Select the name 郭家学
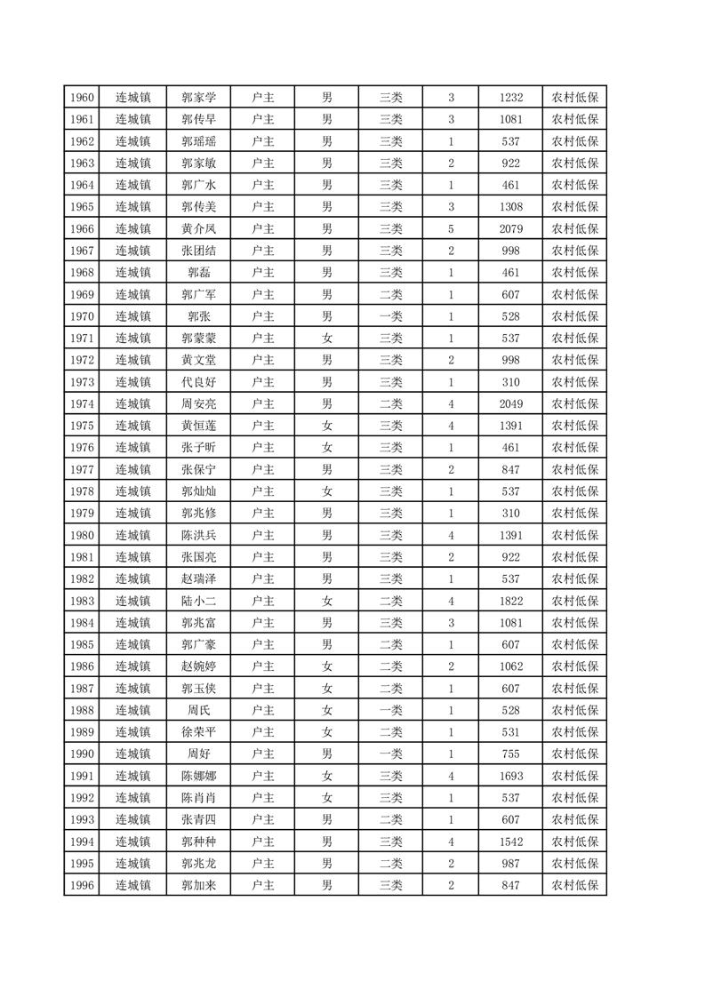pos(199,98)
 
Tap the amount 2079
pos(511,229)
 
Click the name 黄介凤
pos(199,229)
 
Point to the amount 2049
pos(511,404)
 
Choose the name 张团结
pos(199,251)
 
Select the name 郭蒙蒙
pos(199,339)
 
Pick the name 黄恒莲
pos(199,427)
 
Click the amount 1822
pos(511,602)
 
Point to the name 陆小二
pos(199,602)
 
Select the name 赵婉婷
pos(199,667)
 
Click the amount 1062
pos(511,667)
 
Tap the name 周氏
pos(199,711)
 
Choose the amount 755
pos(511,754)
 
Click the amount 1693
pos(511,777)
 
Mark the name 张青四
pos(199,820)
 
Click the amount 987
pos(511,864)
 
